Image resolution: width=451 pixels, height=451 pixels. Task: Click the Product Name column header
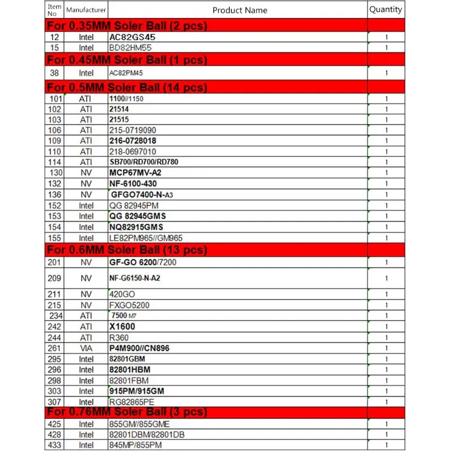pyautogui.click(x=240, y=10)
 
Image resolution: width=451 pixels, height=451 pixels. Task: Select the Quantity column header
pyautogui.click(x=386, y=10)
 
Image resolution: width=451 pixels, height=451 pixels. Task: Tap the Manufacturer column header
pyautogui.click(x=86, y=10)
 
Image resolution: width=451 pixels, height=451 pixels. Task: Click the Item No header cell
pyautogui.click(x=55, y=10)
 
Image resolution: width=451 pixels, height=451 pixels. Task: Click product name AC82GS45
pyautogui.click(x=132, y=37)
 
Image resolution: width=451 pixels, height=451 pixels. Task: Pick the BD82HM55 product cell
pyautogui.click(x=130, y=48)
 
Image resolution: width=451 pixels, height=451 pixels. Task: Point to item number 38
pyautogui.click(x=55, y=73)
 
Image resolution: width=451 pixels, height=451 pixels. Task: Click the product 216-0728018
pyautogui.click(x=132, y=140)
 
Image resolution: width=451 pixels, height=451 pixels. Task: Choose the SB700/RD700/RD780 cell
pyautogui.click(x=144, y=162)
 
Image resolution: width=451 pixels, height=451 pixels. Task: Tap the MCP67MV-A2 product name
pyautogui.click(x=135, y=173)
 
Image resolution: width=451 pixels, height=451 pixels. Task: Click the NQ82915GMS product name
pyautogui.click(x=136, y=227)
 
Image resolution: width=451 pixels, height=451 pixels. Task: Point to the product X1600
pyautogui.click(x=122, y=326)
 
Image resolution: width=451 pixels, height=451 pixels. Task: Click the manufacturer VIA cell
pyautogui.click(x=86, y=348)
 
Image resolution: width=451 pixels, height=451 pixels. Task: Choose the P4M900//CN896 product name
pyautogui.click(x=139, y=348)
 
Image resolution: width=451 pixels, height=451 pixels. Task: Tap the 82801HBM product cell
pyautogui.click(x=130, y=370)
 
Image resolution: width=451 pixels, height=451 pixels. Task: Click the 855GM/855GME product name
pyautogui.click(x=139, y=424)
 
